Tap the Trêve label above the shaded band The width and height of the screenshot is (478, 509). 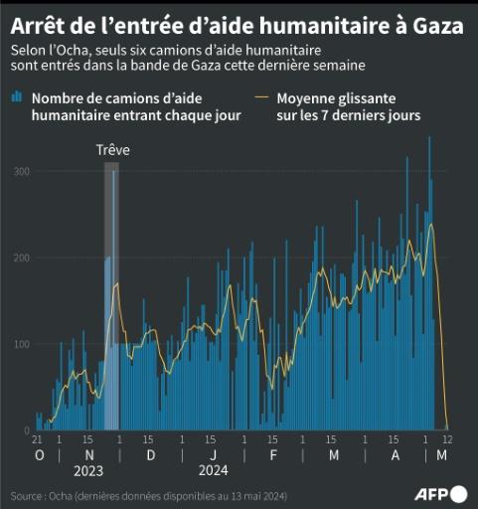click(x=112, y=150)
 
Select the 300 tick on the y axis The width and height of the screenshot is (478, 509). click(x=22, y=172)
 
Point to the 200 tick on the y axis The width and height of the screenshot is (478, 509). click(x=22, y=258)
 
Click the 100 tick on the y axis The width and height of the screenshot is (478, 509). click(x=22, y=344)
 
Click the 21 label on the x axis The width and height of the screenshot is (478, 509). click(x=36, y=439)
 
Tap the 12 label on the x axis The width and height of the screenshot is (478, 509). click(x=448, y=439)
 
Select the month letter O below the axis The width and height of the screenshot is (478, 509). click(x=40, y=455)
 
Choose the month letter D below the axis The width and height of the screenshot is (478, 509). click(x=150, y=455)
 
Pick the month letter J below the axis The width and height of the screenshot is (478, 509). click(x=214, y=455)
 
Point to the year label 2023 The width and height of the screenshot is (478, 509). click(x=88, y=470)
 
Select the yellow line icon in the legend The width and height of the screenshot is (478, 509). click(x=262, y=97)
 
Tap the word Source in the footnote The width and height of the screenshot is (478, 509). click(x=28, y=495)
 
